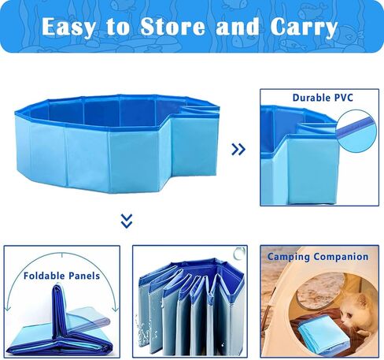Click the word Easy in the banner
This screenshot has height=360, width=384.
68,27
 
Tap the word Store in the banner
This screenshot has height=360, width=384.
172,27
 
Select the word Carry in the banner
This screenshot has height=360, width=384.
304,28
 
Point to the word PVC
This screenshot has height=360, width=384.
343,98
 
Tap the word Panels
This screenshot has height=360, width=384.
84,276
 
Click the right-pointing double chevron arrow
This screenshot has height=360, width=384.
238,149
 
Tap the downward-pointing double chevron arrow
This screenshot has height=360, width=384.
127,221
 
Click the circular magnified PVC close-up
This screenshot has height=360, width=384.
356,131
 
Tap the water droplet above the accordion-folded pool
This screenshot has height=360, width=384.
238,253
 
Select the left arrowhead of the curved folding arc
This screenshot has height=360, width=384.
8,307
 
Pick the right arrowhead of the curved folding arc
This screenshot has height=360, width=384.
115,308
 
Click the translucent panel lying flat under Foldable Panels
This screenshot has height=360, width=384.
87,321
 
